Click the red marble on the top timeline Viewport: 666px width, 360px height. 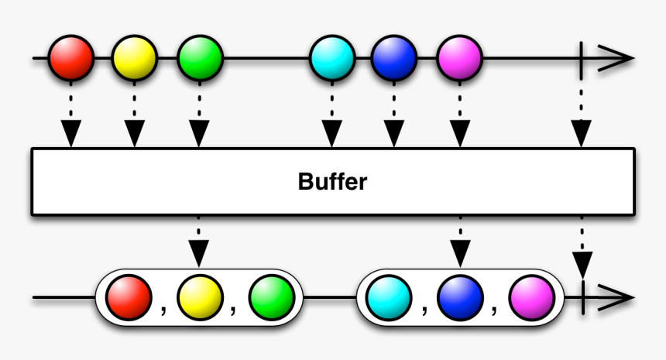point(71,58)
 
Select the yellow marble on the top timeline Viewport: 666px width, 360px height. point(135,58)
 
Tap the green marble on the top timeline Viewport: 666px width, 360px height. point(200,58)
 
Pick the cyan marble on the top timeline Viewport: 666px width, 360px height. point(332,58)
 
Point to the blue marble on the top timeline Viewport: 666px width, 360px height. point(394,58)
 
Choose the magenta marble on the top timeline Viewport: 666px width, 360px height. point(460,58)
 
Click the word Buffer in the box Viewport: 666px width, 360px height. point(332,182)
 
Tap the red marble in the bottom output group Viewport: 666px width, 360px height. point(129,297)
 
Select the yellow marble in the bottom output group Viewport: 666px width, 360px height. point(200,297)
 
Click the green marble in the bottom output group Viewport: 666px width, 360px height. point(271,297)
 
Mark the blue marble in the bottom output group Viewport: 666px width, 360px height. point(460,297)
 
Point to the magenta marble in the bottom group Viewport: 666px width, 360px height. point(531,297)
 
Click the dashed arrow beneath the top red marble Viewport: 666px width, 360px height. point(71,116)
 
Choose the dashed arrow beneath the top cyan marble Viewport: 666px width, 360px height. point(332,116)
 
